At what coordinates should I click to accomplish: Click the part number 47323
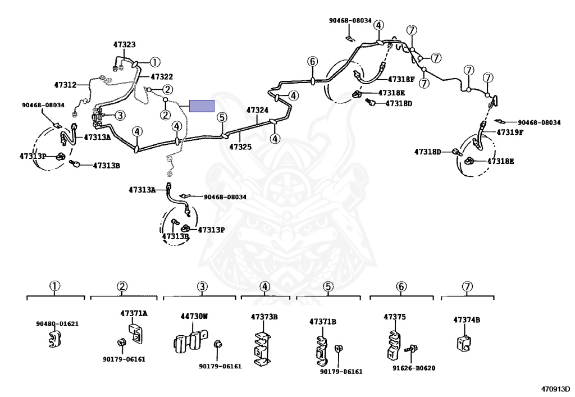(x=124, y=44)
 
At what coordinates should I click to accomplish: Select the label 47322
(x=162, y=76)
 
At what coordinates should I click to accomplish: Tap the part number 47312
(x=65, y=85)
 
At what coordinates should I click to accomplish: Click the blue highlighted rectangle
(x=202, y=106)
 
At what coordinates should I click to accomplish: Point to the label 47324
(x=257, y=110)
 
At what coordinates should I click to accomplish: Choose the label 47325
(x=240, y=147)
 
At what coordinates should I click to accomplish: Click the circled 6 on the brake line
(x=312, y=62)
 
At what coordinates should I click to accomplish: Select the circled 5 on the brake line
(x=222, y=117)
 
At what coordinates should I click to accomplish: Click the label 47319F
(x=510, y=133)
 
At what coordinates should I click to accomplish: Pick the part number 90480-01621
(x=57, y=324)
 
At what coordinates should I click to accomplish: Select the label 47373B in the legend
(x=264, y=317)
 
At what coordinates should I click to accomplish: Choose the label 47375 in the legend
(x=395, y=317)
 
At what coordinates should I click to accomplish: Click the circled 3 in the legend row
(x=202, y=286)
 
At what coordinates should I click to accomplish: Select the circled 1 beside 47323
(x=155, y=62)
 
